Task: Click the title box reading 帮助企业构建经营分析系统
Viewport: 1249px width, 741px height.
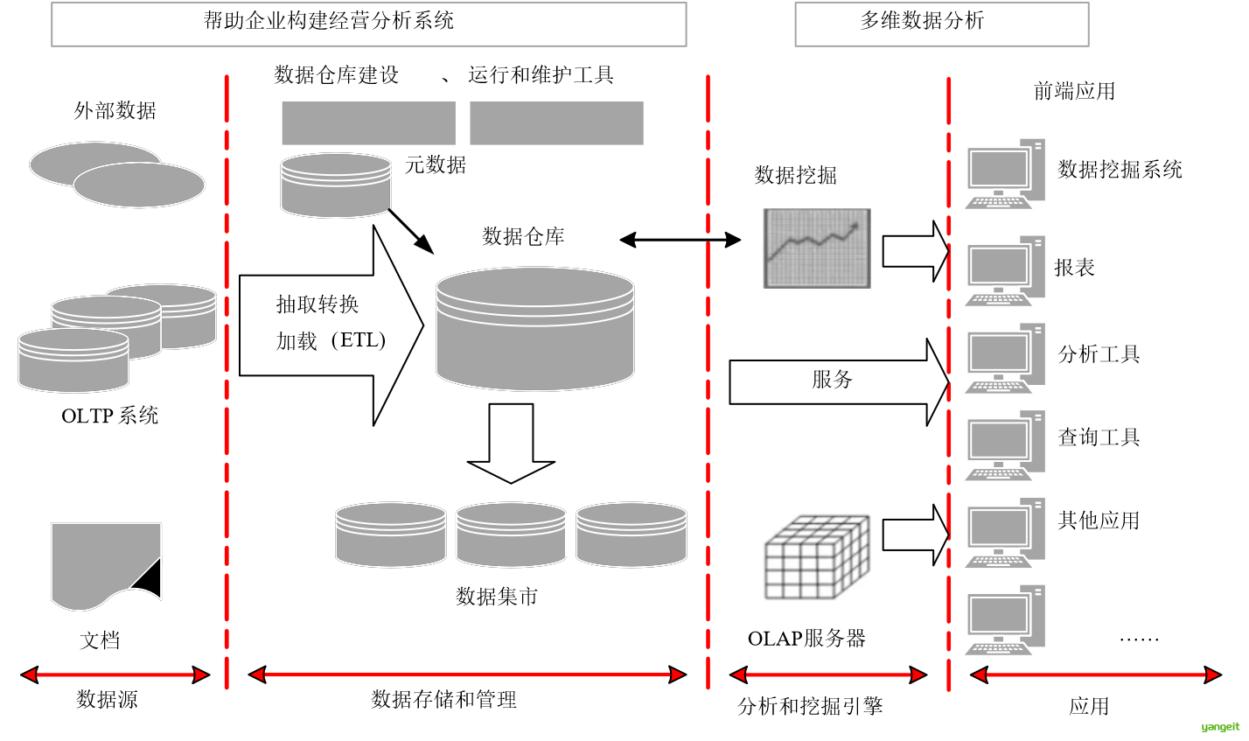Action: (368, 24)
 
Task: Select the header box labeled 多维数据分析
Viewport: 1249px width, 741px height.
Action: (941, 24)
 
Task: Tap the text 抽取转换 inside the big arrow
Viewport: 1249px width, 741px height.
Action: (317, 304)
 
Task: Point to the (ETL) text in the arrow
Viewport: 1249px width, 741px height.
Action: (359, 340)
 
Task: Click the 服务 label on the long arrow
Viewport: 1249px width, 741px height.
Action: (832, 380)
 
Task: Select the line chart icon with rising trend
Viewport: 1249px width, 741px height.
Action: (816, 248)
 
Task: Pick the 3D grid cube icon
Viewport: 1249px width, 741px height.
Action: (816, 552)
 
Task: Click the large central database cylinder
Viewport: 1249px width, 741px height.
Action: (534, 329)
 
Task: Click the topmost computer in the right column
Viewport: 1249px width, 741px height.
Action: (1004, 173)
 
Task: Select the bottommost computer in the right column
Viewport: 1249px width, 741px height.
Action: (1004, 620)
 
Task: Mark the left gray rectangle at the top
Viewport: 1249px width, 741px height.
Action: (368, 122)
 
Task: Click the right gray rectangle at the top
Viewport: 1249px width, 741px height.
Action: (556, 122)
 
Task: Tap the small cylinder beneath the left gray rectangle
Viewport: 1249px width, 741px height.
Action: (335, 185)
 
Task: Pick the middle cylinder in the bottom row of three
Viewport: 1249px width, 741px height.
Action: (511, 535)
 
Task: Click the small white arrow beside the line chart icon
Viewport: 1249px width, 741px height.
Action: (915, 251)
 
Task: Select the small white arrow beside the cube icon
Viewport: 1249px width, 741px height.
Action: (915, 535)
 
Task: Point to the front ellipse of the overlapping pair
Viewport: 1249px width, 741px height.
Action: (139, 185)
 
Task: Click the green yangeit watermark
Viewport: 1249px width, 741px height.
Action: (1220, 727)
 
